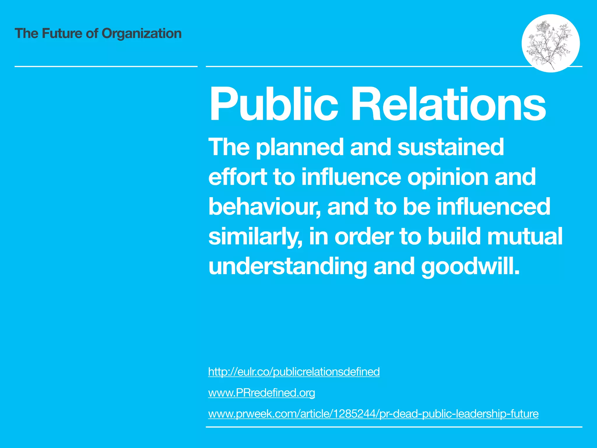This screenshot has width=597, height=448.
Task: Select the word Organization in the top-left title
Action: coord(141,34)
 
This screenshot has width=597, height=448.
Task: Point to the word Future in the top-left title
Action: coord(62,33)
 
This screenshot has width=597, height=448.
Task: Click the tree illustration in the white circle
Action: coord(550,43)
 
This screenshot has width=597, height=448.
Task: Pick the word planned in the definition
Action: coord(300,148)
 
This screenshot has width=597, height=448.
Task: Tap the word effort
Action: coord(237,177)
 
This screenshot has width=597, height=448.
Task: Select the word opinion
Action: coord(447,177)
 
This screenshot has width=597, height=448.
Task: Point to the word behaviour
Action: coord(264,206)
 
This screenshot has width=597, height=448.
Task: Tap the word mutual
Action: coord(525,236)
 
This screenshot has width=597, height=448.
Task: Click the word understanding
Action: coord(287,267)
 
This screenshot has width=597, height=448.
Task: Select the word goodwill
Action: coord(470,267)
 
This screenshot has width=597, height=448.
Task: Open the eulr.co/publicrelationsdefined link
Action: coord(294,372)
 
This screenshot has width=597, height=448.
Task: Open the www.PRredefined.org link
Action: coord(261,393)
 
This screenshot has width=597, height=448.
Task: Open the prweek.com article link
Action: coord(373,414)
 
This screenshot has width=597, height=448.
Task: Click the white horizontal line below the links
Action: coord(394,427)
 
